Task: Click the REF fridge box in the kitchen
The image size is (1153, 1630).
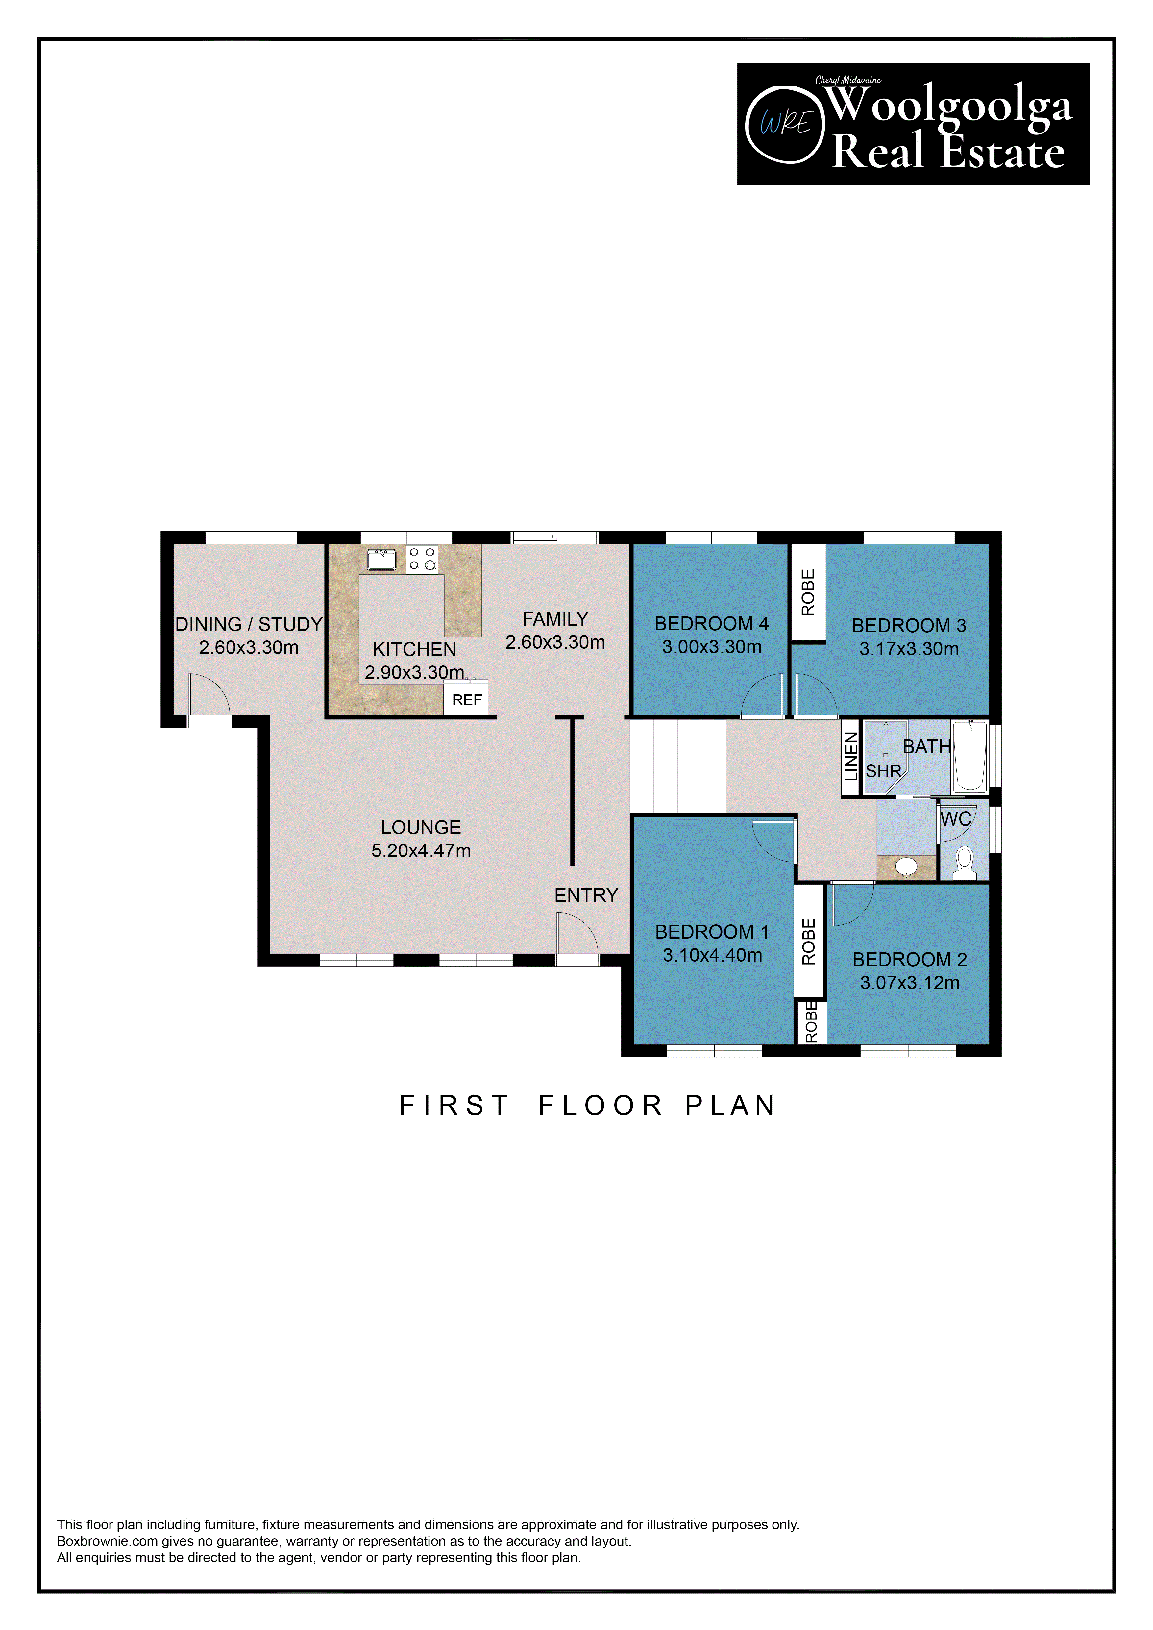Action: click(466, 699)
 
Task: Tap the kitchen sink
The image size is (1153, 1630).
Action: click(381, 560)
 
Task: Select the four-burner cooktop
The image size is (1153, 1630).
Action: click(422, 559)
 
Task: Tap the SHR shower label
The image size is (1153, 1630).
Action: click(883, 771)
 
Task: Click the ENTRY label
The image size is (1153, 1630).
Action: click(586, 895)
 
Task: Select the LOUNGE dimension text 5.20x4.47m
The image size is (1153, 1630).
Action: click(421, 851)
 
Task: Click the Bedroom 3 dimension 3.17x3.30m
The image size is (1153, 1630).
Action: click(909, 649)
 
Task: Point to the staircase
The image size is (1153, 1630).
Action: click(678, 766)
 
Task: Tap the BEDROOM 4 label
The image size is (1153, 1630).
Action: click(711, 623)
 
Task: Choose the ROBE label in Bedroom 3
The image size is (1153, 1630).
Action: click(808, 592)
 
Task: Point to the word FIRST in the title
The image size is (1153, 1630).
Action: click(454, 1105)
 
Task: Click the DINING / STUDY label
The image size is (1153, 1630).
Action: click(249, 624)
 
